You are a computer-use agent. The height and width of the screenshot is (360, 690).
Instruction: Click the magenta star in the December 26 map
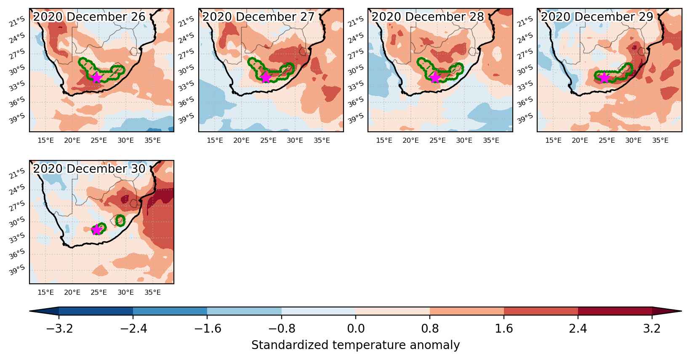(96, 77)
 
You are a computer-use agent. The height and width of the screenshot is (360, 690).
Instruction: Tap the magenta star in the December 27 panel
(266, 77)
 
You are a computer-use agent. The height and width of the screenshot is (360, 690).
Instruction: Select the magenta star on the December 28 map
(434, 77)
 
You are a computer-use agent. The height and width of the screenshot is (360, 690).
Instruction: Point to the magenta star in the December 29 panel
(604, 77)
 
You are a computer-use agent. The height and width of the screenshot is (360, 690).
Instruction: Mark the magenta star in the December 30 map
(96, 229)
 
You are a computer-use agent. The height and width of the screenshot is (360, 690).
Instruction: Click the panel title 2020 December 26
(89, 16)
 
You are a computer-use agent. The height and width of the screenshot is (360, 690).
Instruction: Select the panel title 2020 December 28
(428, 16)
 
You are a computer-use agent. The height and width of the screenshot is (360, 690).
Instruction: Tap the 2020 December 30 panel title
(89, 168)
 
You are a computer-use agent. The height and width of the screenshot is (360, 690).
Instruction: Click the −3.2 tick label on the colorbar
(59, 328)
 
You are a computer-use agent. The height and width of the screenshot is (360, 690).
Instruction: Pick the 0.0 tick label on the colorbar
(356, 328)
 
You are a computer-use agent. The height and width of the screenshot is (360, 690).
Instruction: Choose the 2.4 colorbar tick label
(578, 328)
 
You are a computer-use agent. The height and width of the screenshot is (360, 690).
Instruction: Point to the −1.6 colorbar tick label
(207, 328)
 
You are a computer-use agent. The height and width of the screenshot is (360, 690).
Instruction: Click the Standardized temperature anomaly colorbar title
(355, 345)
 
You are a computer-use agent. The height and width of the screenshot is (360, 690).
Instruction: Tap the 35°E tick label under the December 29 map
(660, 141)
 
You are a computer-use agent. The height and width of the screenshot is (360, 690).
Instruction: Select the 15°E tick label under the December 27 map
(215, 141)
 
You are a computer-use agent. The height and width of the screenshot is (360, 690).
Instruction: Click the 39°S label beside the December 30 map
(17, 270)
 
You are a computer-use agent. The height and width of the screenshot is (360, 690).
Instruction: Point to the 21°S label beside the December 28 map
(355, 22)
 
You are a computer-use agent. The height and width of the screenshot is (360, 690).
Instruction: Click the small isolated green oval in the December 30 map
(120, 221)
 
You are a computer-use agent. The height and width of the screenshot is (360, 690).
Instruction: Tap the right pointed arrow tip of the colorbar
(682, 311)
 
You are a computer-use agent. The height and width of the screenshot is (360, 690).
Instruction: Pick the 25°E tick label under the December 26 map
(99, 141)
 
